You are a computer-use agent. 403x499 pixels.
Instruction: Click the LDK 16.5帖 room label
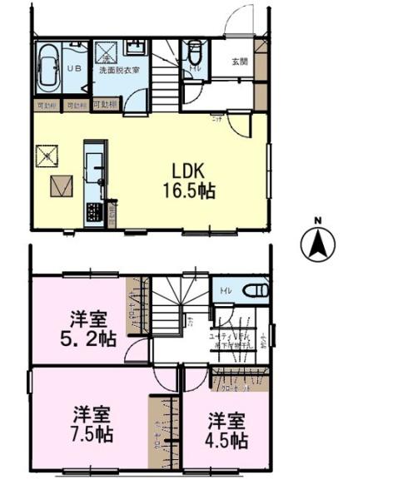tap(189, 178)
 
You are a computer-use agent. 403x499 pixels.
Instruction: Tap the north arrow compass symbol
tap(317, 242)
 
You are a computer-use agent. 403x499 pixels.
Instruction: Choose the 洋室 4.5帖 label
tap(226, 431)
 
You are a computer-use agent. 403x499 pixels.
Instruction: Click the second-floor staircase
tap(175, 312)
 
